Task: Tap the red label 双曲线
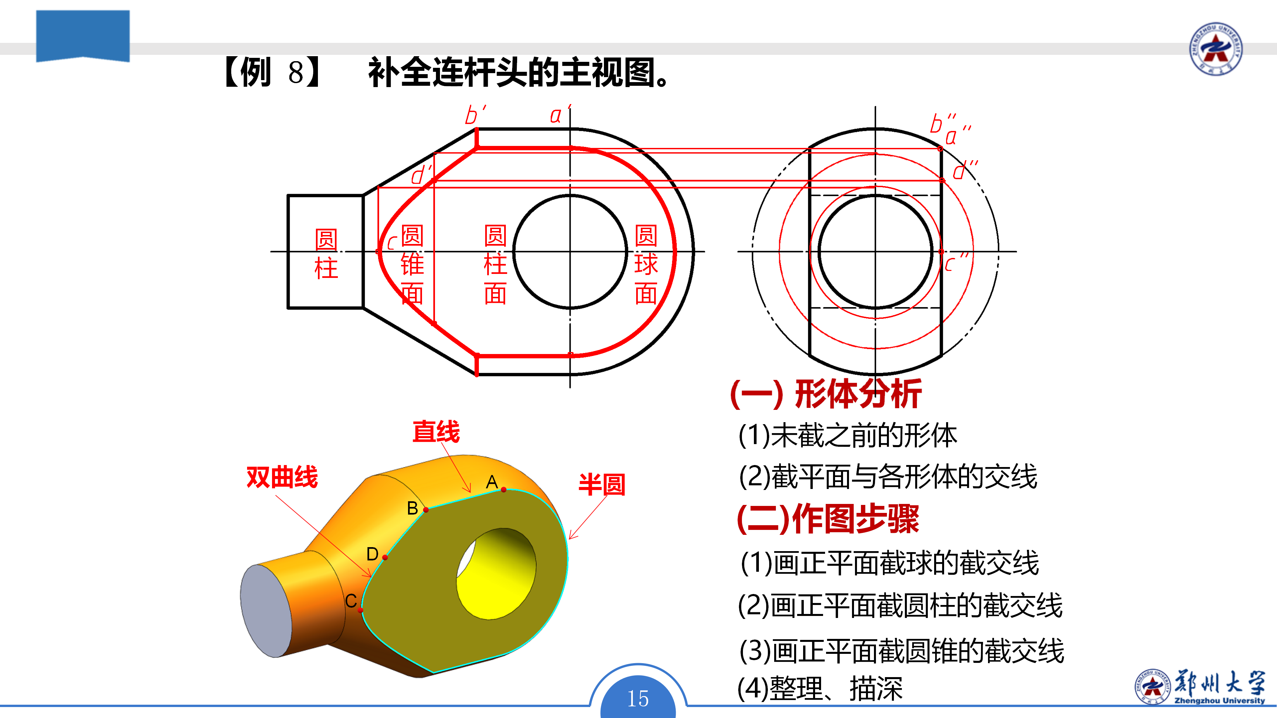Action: [x=282, y=477]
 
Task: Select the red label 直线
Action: [x=436, y=431]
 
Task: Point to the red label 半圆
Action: [x=602, y=484]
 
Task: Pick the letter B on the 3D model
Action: [x=412, y=508]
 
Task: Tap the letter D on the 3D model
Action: [x=372, y=554]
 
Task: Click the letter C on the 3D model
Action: [x=351, y=601]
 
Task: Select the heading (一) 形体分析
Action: [x=826, y=395]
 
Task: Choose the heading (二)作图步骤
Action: [x=828, y=519]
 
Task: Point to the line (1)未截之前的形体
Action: [x=848, y=435]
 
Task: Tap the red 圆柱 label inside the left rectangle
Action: [x=326, y=254]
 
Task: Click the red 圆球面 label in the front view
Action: [x=646, y=264]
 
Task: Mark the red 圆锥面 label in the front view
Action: [x=412, y=264]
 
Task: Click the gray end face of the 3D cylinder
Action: [x=266, y=611]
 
